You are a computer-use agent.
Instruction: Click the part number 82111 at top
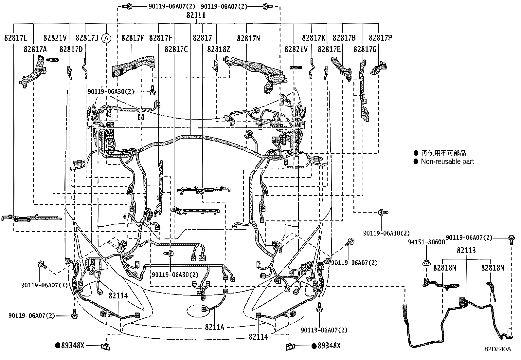(196, 15)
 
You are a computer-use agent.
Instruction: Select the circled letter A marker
(106, 38)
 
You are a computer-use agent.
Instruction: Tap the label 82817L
(16, 38)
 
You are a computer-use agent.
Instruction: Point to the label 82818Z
(219, 49)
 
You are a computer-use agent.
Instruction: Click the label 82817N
(249, 38)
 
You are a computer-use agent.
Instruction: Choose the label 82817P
(380, 38)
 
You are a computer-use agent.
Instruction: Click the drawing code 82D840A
(498, 349)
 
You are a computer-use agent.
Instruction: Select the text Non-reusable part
(447, 161)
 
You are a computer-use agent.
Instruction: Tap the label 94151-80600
(426, 242)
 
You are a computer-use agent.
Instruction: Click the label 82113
(466, 250)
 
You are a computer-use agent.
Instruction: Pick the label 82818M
(445, 268)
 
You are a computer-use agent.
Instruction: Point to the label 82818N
(493, 268)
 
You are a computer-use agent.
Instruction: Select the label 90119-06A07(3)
(45, 285)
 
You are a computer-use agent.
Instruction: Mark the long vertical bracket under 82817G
(363, 92)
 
